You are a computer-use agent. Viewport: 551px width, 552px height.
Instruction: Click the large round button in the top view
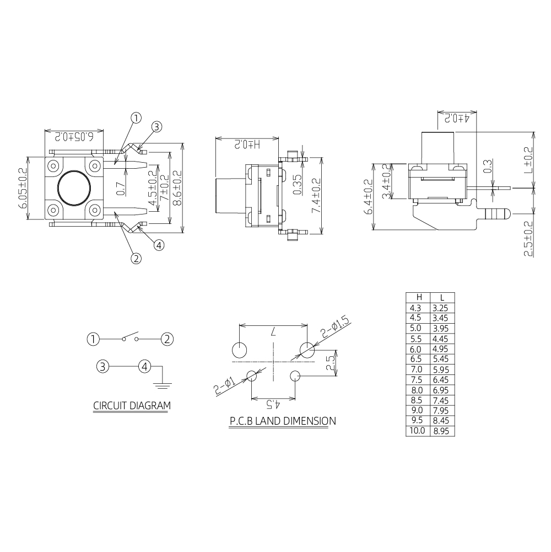click(74, 187)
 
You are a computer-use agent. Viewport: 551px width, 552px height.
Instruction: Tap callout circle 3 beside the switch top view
click(156, 127)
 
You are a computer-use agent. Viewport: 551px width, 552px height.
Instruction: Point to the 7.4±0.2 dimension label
click(316, 195)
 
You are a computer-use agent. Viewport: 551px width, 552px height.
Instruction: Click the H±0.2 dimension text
click(247, 144)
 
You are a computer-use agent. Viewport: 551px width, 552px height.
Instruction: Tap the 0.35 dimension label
click(298, 185)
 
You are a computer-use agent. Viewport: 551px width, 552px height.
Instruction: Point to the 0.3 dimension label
click(487, 166)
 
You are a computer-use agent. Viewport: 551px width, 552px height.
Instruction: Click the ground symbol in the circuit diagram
click(162, 385)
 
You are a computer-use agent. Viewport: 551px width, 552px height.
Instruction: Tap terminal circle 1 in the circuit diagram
click(93, 339)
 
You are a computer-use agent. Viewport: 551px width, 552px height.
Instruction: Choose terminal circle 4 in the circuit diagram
click(144, 367)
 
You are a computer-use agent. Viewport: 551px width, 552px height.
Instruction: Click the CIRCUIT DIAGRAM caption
click(132, 405)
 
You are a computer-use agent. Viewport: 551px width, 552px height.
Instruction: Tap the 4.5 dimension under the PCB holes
click(273, 405)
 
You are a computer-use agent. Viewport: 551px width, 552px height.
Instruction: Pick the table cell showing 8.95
click(441, 431)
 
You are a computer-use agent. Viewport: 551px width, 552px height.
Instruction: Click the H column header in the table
click(419, 297)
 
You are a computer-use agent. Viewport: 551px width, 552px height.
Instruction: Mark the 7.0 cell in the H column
click(416, 369)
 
